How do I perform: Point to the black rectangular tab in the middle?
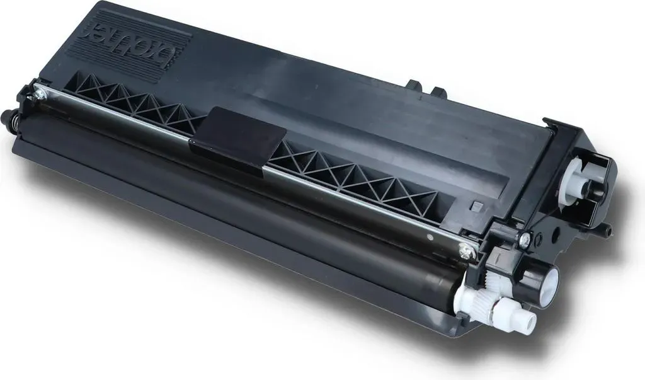click(x=237, y=138)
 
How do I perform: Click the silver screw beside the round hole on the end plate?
click(x=525, y=238)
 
